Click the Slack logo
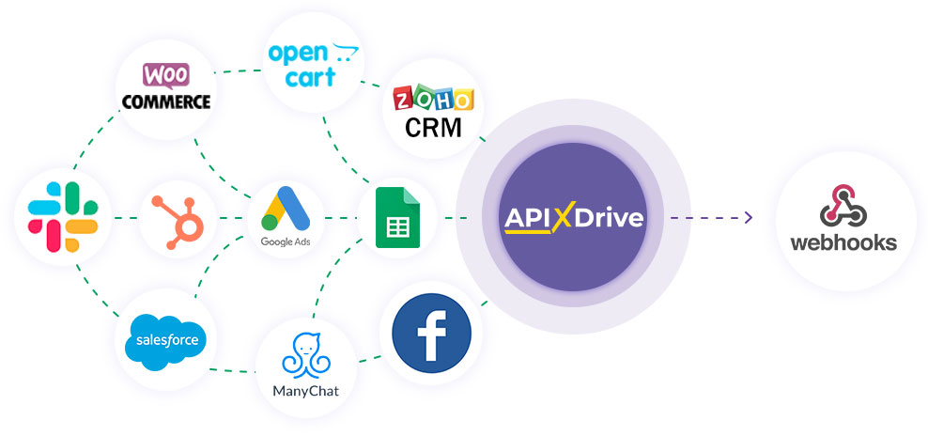click(x=63, y=217)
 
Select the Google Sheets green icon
click(x=397, y=217)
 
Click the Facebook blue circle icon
click(x=431, y=333)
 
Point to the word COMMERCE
click(x=166, y=101)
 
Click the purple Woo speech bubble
click(x=165, y=76)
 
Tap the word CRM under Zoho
click(x=433, y=127)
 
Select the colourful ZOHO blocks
click(x=434, y=99)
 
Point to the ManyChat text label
click(x=306, y=391)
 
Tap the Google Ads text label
click(x=286, y=241)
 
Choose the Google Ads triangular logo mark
click(x=286, y=209)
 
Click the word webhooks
click(x=844, y=242)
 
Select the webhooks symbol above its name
click(x=844, y=206)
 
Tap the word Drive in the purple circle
click(x=609, y=218)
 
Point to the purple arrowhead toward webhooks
click(x=749, y=217)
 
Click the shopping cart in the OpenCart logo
click(x=345, y=52)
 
